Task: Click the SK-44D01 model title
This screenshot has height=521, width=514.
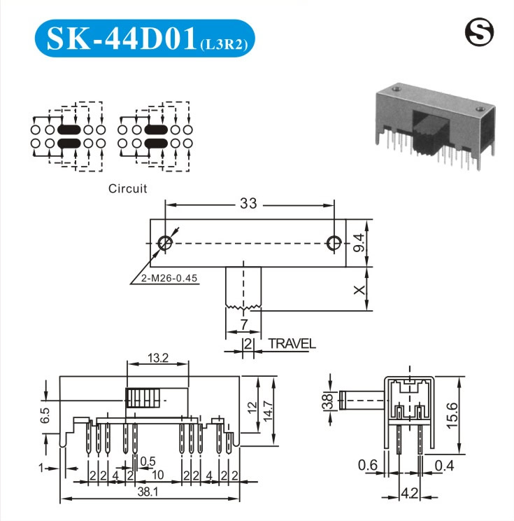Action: coord(122,39)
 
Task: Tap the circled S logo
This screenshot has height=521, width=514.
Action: coord(479,32)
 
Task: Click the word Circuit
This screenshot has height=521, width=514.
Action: coord(127,188)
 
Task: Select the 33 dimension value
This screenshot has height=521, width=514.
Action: coord(248,203)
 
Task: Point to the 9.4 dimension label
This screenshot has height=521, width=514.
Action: coord(358,242)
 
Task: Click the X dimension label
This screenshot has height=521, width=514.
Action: coord(359,290)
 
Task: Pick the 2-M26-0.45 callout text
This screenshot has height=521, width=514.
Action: coord(169,278)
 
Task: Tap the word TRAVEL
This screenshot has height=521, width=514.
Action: coord(292,344)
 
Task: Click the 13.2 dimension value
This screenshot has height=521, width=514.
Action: coord(158,358)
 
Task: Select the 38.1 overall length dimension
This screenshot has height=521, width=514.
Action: coord(148,492)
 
